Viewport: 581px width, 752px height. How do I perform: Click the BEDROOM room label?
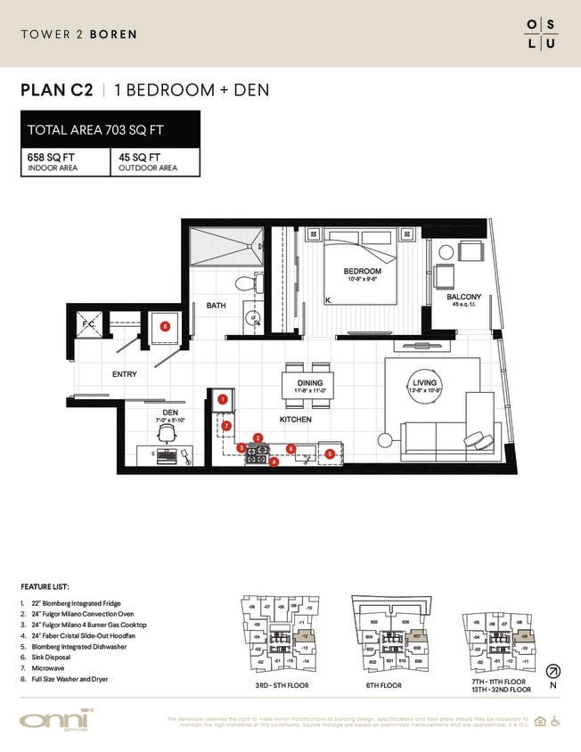coord(363,271)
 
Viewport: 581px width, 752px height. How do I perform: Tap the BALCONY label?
coord(463,297)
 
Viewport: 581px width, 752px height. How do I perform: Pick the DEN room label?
coord(171,412)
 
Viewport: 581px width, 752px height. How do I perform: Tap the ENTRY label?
coord(124,374)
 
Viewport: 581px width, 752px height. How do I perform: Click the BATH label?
coord(217,306)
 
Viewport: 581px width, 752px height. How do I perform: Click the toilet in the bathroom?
coord(245,283)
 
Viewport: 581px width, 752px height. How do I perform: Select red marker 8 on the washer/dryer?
coord(165,327)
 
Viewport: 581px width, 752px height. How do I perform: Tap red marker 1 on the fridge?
coord(222,400)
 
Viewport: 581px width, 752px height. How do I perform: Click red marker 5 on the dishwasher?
coord(330,454)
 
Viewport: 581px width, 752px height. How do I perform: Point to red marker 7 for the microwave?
coord(227,426)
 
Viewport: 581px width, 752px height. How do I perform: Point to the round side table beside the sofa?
coord(386,439)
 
